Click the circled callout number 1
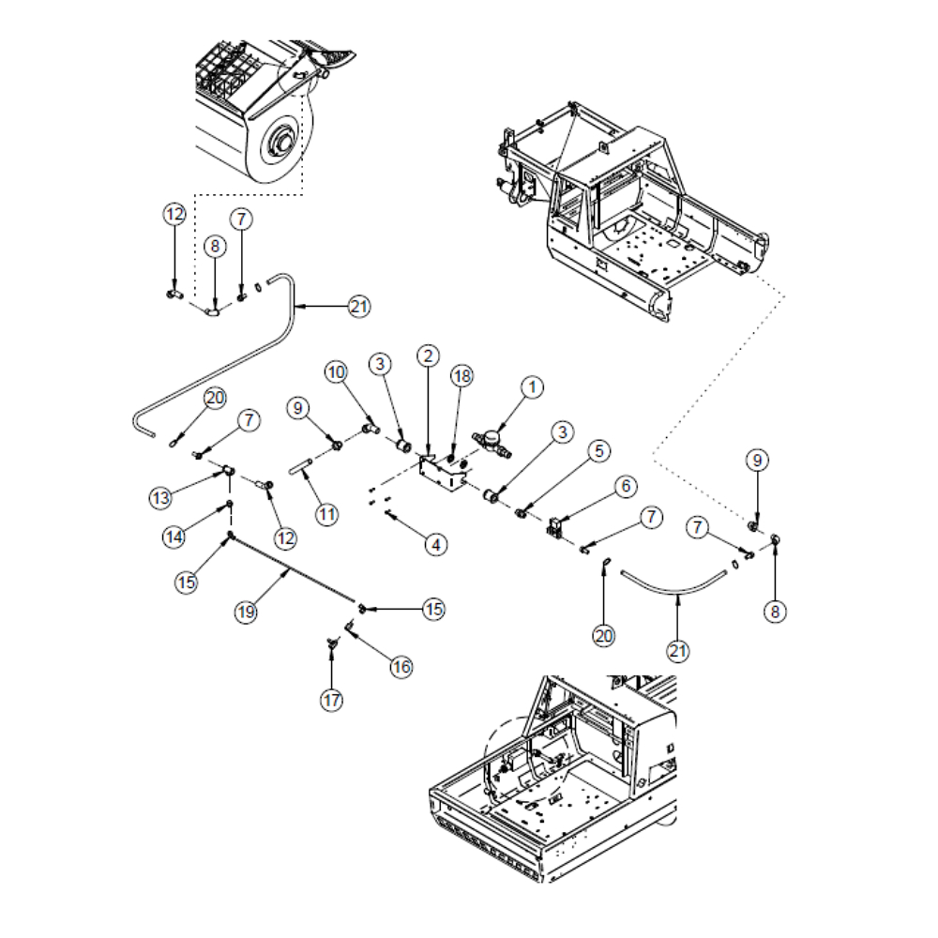(532, 386)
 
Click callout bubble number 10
(337, 371)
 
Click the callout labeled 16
(401, 667)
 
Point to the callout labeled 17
(331, 700)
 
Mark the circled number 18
(461, 376)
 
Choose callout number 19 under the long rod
(245, 613)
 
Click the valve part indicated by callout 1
(492, 440)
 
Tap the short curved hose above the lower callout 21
(675, 581)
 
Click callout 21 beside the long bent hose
(359, 306)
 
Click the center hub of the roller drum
(279, 142)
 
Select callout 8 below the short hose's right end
(775, 612)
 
